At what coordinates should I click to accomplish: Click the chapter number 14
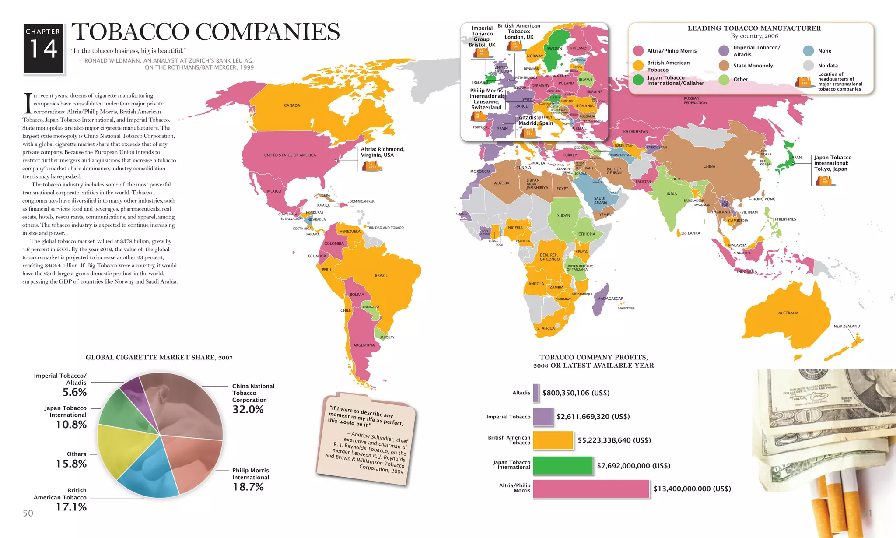[43, 49]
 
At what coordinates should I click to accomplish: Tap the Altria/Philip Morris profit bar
[591, 489]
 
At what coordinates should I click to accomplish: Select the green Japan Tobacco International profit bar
[563, 465]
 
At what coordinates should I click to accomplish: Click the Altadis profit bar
[535, 393]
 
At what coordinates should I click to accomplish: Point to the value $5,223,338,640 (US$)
[614, 440]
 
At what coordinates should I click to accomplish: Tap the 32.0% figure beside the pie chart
[248, 409]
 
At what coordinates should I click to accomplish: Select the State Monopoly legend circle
[724, 66]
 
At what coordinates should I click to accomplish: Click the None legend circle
[808, 51]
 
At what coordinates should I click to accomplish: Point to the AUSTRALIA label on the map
[788, 313]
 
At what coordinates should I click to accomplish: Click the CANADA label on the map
[292, 105]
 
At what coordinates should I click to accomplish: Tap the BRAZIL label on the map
[381, 276]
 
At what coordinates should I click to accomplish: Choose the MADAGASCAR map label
[610, 299]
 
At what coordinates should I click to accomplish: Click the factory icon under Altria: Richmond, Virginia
[372, 165]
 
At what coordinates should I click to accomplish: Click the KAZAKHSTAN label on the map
[635, 132]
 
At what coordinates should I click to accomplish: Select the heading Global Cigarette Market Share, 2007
[159, 358]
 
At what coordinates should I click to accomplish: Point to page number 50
[28, 513]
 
